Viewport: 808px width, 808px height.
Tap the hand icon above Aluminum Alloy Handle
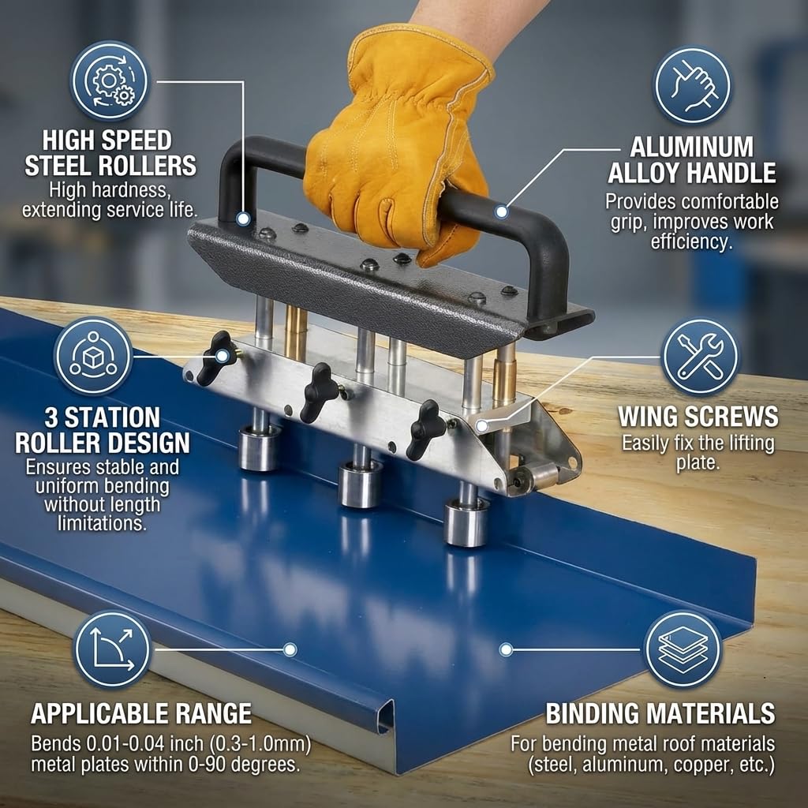pos(693,85)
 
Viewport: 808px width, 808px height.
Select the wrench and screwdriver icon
pos(700,356)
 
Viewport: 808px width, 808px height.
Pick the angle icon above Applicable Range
pos(111,649)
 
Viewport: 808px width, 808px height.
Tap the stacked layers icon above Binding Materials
pos(683,649)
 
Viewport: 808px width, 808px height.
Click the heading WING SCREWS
pos(698,416)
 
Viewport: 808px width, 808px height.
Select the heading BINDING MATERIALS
pos(660,714)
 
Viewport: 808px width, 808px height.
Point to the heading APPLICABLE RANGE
pos(141,714)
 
